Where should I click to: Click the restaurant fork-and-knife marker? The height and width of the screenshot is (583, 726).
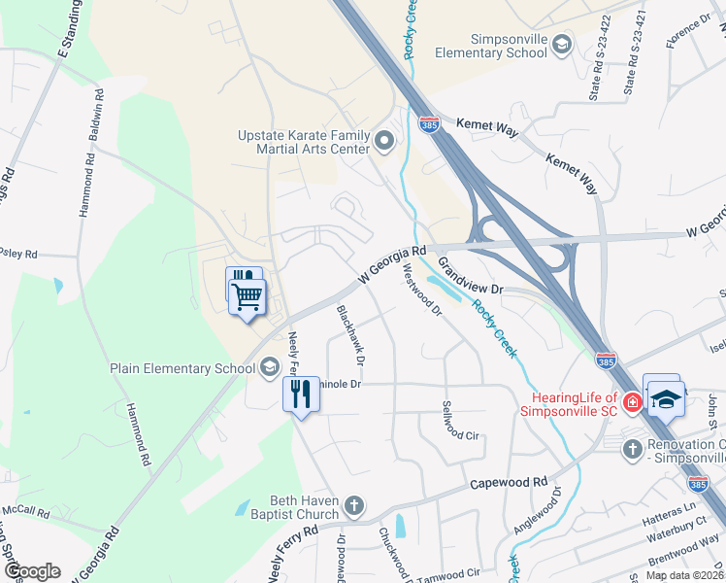pos(301,394)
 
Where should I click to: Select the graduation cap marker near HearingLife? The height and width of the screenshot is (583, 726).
pos(667,398)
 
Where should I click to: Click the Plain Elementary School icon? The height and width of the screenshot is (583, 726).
pos(269,367)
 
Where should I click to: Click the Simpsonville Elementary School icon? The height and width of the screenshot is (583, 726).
pos(562,46)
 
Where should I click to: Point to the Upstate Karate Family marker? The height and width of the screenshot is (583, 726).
pos(384,142)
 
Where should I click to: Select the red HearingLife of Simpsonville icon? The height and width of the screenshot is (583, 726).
pos(632,400)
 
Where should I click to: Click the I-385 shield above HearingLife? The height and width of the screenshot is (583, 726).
pos(605,360)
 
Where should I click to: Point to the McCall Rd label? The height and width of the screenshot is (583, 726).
pos(26,512)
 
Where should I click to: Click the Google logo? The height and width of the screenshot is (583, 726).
pos(31,570)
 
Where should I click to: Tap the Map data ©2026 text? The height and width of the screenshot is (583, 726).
pos(684,575)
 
